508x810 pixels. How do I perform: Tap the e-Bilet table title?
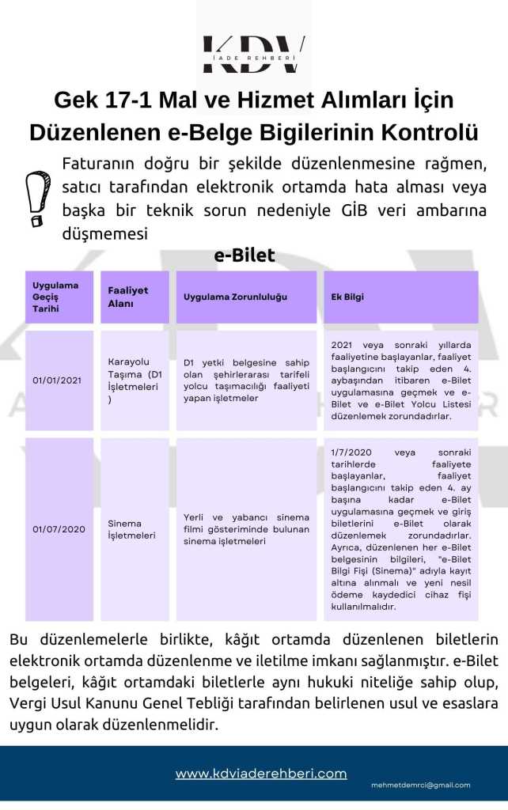click(x=245, y=255)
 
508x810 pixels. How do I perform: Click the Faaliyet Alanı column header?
click(x=127, y=297)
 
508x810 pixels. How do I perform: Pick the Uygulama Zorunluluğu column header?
click(x=235, y=297)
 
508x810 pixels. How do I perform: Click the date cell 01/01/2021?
click(x=57, y=380)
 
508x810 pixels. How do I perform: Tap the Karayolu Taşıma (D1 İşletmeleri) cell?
click(x=135, y=380)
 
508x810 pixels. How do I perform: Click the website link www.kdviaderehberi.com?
click(x=261, y=773)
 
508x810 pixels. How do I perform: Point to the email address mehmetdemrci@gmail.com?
click(x=421, y=785)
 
